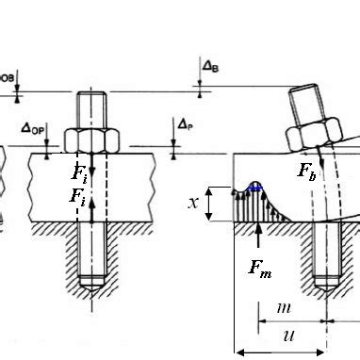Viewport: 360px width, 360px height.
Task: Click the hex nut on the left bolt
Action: (x=92, y=139)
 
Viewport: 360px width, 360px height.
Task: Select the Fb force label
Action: (x=307, y=172)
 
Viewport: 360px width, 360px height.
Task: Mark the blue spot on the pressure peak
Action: (x=254, y=188)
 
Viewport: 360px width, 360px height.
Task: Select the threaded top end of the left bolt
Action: (x=91, y=106)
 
